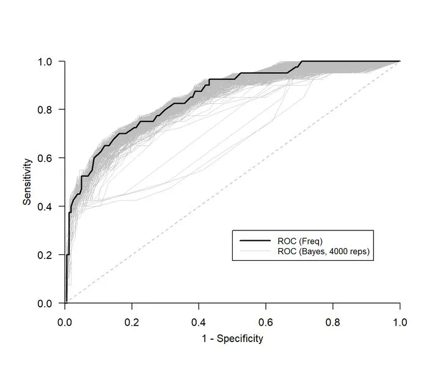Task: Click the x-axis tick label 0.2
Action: (x=132, y=321)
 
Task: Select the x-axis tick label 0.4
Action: (x=199, y=321)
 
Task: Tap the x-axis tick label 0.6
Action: (x=266, y=321)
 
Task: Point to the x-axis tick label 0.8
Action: (x=333, y=321)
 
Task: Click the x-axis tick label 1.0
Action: (x=400, y=321)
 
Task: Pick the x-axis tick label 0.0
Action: (x=65, y=321)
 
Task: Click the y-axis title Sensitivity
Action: (x=28, y=182)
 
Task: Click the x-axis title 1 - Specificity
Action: (x=232, y=339)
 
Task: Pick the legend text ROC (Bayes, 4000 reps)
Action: (x=324, y=251)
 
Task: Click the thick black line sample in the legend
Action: (x=254, y=241)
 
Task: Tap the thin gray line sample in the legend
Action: (x=254, y=251)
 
